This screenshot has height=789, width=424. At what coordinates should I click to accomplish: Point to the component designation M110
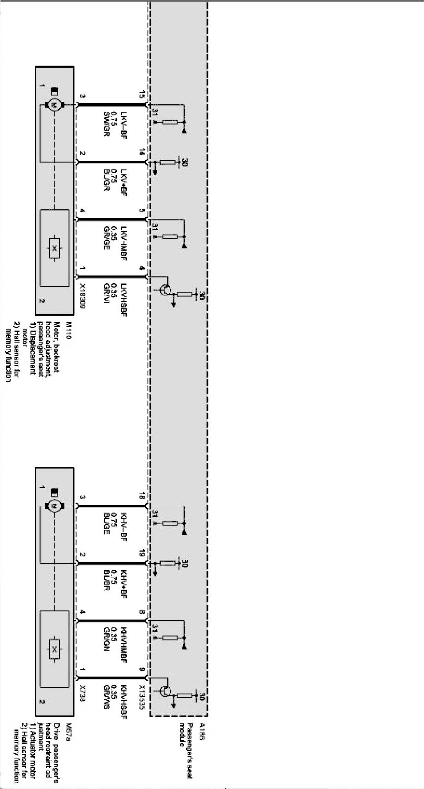click(x=69, y=332)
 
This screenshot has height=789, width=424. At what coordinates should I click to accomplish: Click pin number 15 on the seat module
click(x=142, y=95)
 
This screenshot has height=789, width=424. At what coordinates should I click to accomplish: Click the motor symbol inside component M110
click(x=54, y=106)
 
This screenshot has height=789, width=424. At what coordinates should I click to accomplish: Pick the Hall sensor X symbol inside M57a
click(x=55, y=650)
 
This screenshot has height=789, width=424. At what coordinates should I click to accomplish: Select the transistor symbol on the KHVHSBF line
click(x=165, y=691)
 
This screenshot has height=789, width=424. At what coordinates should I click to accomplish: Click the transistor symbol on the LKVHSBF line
click(x=165, y=290)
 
